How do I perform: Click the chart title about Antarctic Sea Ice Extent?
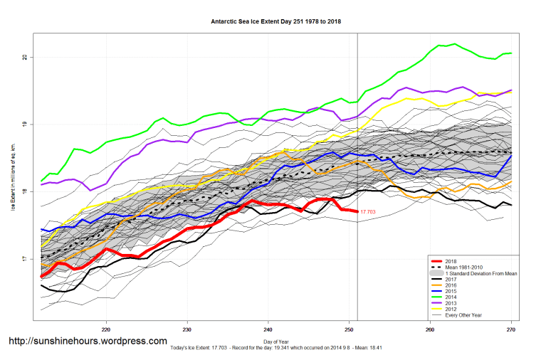pyautogui.click(x=276, y=22)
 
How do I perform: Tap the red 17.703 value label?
pyautogui.click(x=367, y=212)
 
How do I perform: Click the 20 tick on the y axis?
pyautogui.click(x=26, y=57)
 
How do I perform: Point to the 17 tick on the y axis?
pyautogui.click(x=26, y=260)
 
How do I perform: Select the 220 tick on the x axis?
pyautogui.click(x=106, y=329)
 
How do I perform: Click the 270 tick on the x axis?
pyautogui.click(x=511, y=329)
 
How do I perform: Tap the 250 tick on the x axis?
pyautogui.click(x=349, y=329)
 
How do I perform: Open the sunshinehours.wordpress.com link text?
pyautogui.click(x=88, y=342)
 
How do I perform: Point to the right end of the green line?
pyautogui.click(x=511, y=53)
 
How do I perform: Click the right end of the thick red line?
pyautogui.click(x=357, y=211)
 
